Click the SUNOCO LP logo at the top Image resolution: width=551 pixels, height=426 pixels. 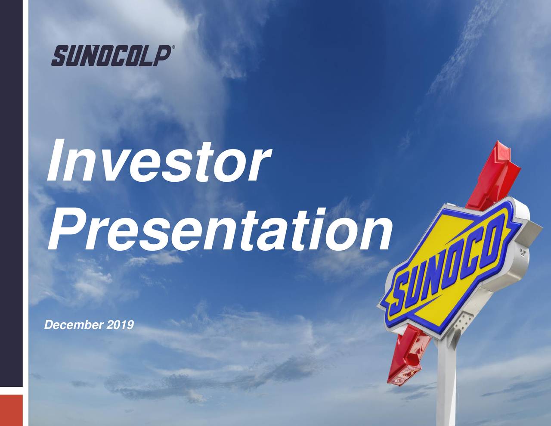[111, 56]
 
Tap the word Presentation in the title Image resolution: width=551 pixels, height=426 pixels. [220, 230]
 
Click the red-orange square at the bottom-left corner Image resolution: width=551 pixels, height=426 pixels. [11, 409]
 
